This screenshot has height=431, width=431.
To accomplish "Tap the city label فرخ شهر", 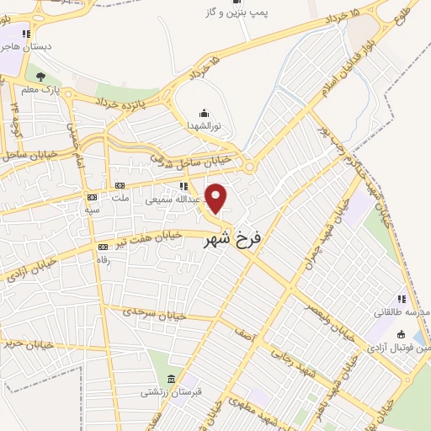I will point(233,239).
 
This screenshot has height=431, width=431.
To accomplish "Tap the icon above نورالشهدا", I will point(202,112).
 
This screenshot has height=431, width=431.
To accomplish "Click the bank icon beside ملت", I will point(119,185).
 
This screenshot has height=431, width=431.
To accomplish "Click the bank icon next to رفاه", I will point(103,247).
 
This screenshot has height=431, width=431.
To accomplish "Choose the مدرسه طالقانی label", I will point(402,312).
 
